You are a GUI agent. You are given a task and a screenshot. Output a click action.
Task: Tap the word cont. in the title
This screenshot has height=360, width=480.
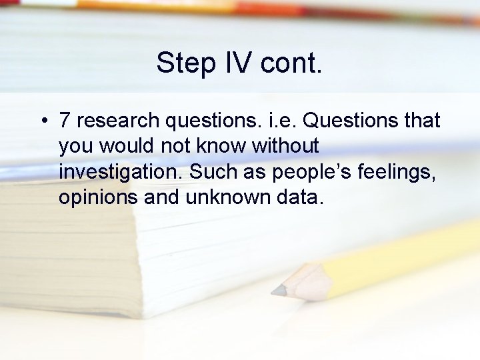[x=291, y=63]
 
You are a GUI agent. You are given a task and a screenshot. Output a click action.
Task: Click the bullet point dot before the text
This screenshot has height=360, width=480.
[x=42, y=121]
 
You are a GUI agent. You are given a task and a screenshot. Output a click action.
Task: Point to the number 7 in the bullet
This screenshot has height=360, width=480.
[x=65, y=121]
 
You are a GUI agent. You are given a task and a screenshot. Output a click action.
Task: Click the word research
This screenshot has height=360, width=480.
[x=117, y=121]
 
